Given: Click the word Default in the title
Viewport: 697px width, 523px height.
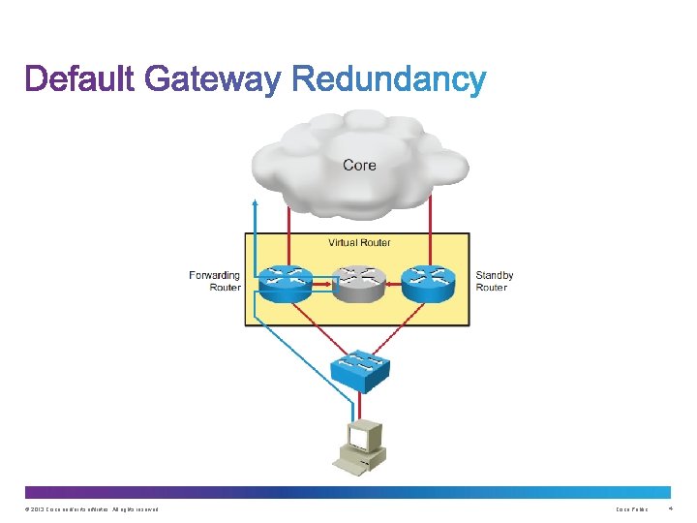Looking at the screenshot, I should [x=81, y=79].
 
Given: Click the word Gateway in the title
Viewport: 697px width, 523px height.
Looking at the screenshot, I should [x=213, y=79].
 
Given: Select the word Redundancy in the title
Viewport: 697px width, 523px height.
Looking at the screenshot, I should [x=387, y=79].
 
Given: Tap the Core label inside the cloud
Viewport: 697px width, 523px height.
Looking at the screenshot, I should [x=359, y=165].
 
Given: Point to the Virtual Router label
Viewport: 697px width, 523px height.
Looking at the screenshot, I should [x=359, y=243].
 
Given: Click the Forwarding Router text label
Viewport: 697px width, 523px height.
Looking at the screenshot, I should [x=215, y=282].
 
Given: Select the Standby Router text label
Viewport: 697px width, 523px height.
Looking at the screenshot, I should [x=494, y=282].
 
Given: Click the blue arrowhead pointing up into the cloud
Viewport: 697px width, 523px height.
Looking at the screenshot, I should [x=255, y=203].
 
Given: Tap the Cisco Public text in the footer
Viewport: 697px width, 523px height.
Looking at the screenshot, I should [x=631, y=509].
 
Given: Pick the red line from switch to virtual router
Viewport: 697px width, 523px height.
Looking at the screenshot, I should [x=359, y=324].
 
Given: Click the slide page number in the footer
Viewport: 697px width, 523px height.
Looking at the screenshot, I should [x=670, y=509].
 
